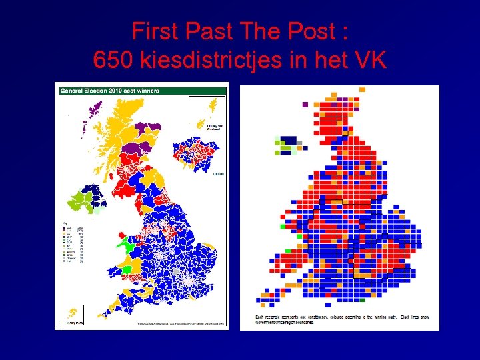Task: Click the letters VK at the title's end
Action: pos(370,60)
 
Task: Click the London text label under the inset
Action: pos(217,174)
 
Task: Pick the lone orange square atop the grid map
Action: pos(362,89)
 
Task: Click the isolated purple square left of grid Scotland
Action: pos(305,104)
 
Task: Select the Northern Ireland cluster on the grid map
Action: pos(288,145)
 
